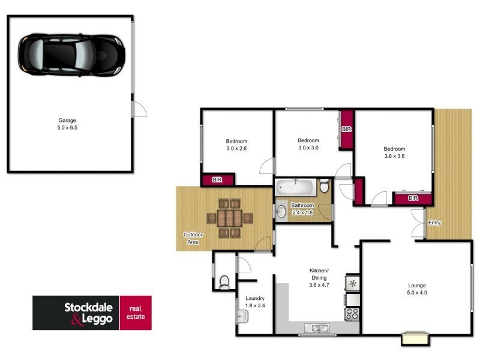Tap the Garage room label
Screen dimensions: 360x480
[67, 120]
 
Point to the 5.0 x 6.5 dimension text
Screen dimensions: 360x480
[67, 128]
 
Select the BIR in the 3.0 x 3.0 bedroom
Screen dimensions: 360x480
[346, 129]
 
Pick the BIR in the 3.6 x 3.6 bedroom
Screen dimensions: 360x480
[412, 198]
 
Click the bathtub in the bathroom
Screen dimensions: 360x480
[296, 187]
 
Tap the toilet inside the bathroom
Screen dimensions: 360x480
[325, 187]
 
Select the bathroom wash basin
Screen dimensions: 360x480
[282, 211]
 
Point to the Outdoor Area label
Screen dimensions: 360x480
[192, 238]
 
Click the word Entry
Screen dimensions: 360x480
[434, 223]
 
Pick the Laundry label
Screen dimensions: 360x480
[255, 298]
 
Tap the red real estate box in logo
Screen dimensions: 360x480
[136, 313]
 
